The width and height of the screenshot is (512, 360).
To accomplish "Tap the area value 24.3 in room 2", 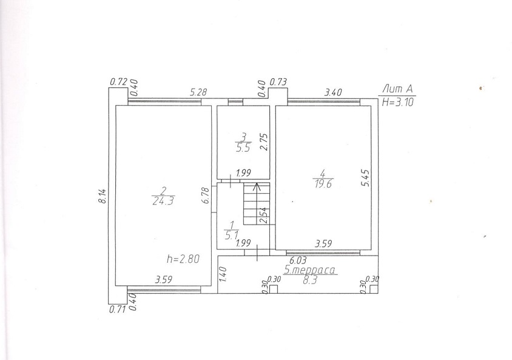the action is click(x=163, y=201).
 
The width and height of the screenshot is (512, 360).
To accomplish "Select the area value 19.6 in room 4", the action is click(x=323, y=184).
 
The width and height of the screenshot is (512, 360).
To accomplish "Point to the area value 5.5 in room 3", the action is click(x=243, y=148).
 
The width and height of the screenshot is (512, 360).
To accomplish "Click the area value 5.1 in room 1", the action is click(x=232, y=234).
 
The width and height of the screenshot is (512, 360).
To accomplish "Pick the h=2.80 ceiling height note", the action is click(x=183, y=259).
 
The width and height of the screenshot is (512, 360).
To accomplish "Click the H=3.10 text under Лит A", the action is click(x=398, y=102).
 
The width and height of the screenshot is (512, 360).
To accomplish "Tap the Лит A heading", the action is click(x=398, y=89).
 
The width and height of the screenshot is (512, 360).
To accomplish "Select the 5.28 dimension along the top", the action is click(x=198, y=92).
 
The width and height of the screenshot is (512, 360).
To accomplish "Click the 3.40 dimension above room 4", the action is click(x=333, y=92).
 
